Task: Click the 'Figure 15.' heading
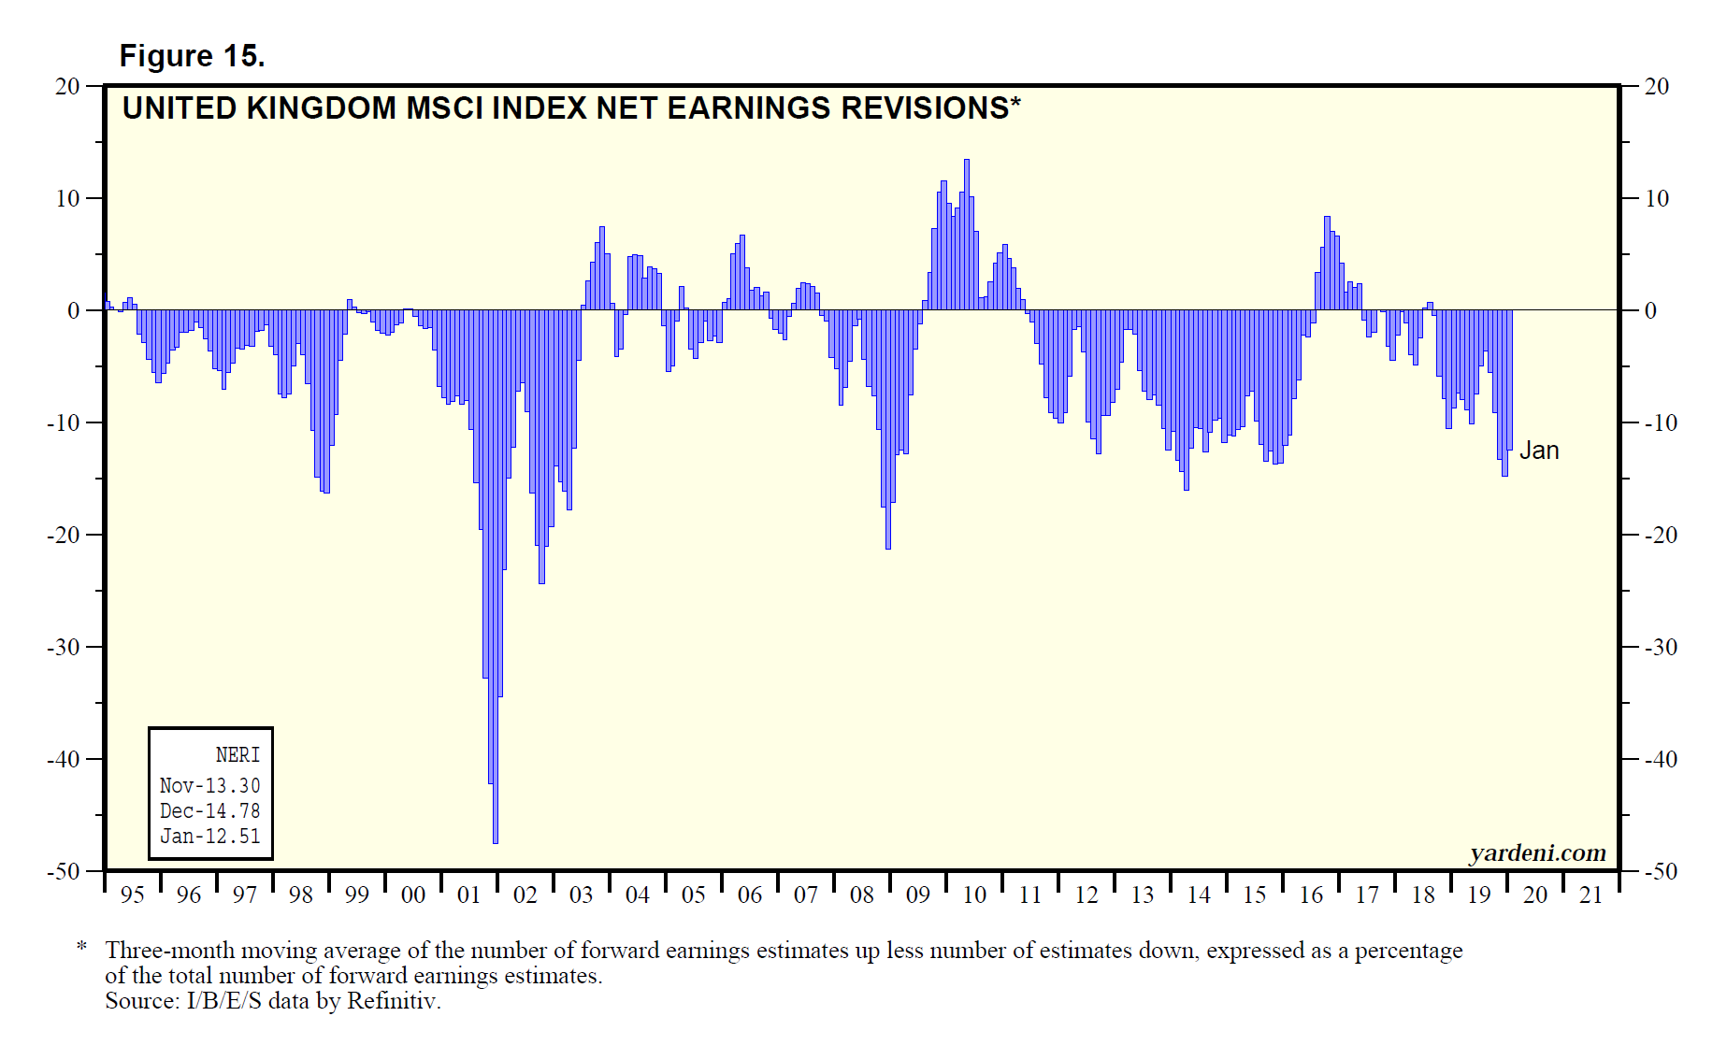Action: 192,56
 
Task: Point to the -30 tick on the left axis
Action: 65,647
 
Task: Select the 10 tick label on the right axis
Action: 1656,198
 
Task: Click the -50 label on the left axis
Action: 65,871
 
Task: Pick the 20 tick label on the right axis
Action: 1656,86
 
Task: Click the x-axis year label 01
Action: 468,895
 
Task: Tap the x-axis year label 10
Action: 974,895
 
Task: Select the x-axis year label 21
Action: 1591,895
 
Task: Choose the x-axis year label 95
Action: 133,895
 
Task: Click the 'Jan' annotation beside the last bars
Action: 1539,451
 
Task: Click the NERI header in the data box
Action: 237,755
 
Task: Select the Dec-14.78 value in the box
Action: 210,811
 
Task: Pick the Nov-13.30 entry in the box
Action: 210,786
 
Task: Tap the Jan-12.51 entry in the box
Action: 210,837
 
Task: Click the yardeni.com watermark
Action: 1537,852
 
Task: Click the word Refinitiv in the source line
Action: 392,1001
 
